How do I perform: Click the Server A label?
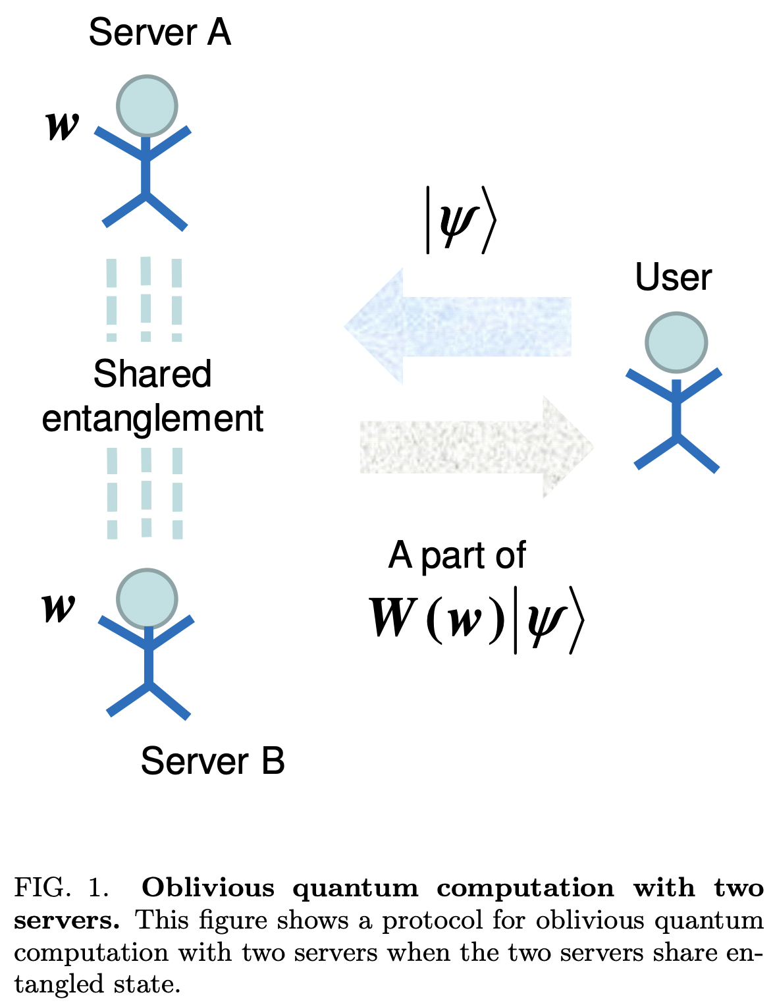(x=160, y=33)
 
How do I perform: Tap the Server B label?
(x=213, y=761)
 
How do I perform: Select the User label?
(x=673, y=278)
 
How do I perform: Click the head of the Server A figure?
(x=147, y=106)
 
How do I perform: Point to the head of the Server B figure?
(x=147, y=598)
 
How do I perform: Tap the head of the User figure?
(x=676, y=342)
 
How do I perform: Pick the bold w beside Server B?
(x=59, y=607)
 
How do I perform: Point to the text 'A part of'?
(x=457, y=555)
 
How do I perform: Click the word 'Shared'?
(x=152, y=374)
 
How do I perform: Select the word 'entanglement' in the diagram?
(x=152, y=418)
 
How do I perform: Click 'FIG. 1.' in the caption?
(x=61, y=888)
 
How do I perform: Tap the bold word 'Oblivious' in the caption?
(x=208, y=888)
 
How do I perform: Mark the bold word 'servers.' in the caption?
(x=67, y=920)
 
